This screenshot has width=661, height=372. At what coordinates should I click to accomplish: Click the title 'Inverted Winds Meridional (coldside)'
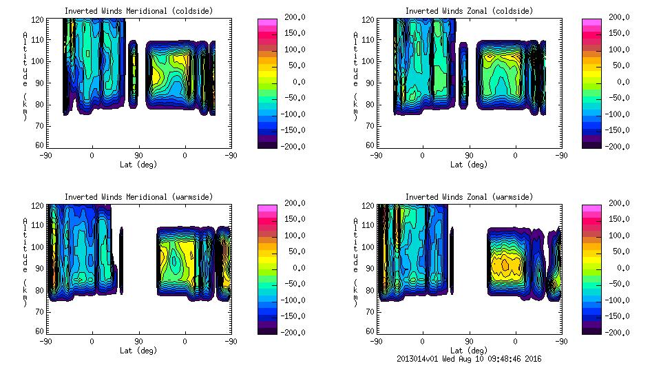tap(138, 11)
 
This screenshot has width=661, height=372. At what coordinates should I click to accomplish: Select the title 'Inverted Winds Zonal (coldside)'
tap(468, 11)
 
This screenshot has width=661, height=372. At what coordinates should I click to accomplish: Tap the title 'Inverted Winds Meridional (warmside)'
tap(138, 197)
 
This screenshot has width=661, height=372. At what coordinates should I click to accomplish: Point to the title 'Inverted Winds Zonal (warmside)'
tap(468, 197)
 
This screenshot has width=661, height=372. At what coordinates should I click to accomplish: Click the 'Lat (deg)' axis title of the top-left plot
tap(138, 165)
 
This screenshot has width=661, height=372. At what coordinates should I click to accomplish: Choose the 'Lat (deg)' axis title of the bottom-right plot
tap(468, 351)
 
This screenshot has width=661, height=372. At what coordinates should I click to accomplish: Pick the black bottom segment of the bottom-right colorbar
tap(591, 329)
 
